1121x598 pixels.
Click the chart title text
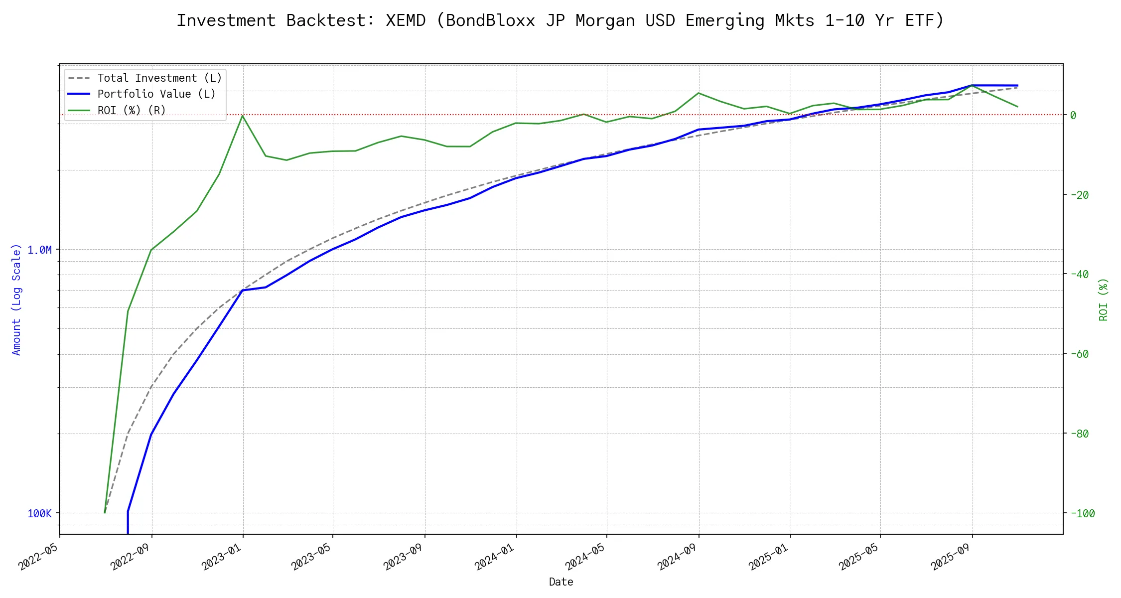pos(560,20)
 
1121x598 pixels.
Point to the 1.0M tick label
pos(39,250)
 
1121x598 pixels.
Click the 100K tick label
pos(39,513)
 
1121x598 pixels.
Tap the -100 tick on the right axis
pos(1082,513)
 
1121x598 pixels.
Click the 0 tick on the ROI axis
pos(1073,115)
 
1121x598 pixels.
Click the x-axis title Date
pos(561,582)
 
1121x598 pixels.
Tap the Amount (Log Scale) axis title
pos(16,299)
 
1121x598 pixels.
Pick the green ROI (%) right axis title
pos(1104,299)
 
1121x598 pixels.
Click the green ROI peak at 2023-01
pos(243,116)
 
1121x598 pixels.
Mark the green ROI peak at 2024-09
pos(699,93)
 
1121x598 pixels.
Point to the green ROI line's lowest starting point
pos(105,512)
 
